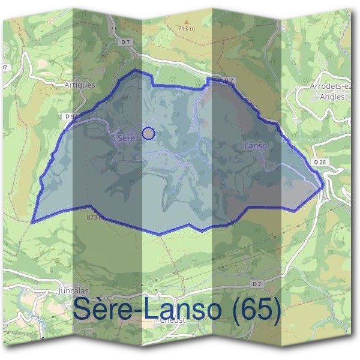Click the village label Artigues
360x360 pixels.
(x=79, y=85)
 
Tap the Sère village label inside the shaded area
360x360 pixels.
(x=126, y=138)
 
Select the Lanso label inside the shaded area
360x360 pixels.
(x=256, y=146)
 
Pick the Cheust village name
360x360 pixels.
(x=172, y=320)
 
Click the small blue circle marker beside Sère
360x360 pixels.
(x=148, y=133)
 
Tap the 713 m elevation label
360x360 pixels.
(x=187, y=28)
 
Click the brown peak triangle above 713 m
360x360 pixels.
(x=187, y=20)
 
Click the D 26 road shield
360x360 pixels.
(x=319, y=162)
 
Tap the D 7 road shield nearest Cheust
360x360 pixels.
(x=257, y=283)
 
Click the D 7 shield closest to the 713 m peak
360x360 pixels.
(x=125, y=42)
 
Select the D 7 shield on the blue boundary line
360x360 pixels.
(x=228, y=80)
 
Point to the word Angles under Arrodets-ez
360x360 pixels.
(x=332, y=96)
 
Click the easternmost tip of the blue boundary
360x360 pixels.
(x=324, y=185)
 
